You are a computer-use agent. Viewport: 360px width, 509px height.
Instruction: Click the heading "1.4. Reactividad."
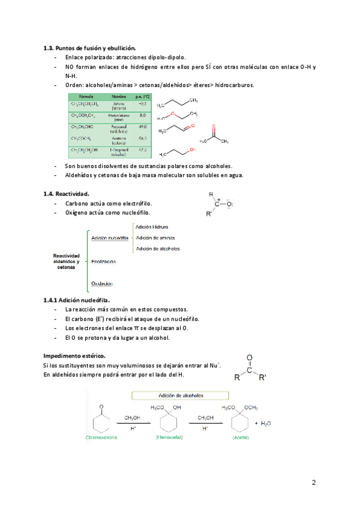click(x=66, y=194)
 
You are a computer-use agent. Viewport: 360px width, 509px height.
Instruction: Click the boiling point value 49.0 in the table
click(x=143, y=127)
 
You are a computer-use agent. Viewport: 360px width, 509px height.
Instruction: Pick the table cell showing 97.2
click(x=143, y=149)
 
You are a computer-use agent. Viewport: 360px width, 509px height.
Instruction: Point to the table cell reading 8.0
click(x=143, y=115)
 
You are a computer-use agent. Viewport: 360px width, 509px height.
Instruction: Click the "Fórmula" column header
click(x=81, y=96)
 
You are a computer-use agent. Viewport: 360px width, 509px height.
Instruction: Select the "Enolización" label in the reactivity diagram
click(x=104, y=261)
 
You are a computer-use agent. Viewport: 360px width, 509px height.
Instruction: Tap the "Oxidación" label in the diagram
click(x=102, y=283)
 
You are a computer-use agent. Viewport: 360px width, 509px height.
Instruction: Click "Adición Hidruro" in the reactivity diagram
click(x=152, y=227)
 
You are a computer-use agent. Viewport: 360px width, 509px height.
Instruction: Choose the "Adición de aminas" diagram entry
click(x=155, y=238)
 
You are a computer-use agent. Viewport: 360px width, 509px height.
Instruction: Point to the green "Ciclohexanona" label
click(x=100, y=438)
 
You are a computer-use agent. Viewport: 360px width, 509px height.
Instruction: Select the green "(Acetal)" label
click(x=241, y=438)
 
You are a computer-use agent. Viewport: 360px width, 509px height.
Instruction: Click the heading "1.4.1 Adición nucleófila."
click(x=77, y=300)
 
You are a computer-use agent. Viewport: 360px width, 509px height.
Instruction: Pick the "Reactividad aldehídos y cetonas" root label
click(x=66, y=261)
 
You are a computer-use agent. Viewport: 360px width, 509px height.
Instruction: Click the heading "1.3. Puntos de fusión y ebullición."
click(x=89, y=47)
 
